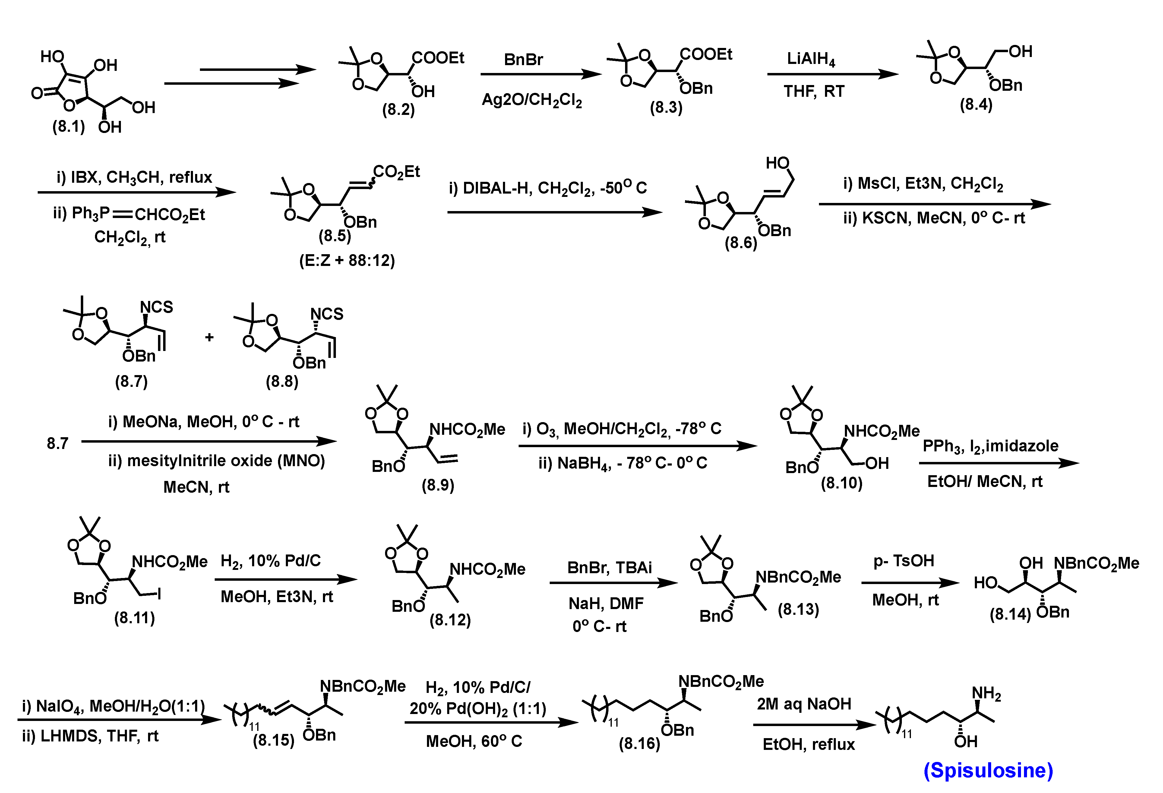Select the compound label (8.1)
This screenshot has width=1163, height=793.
tap(68, 127)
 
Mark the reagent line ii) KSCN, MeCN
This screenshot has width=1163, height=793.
tap(934, 218)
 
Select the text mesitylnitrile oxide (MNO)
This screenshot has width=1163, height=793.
tap(217, 461)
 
